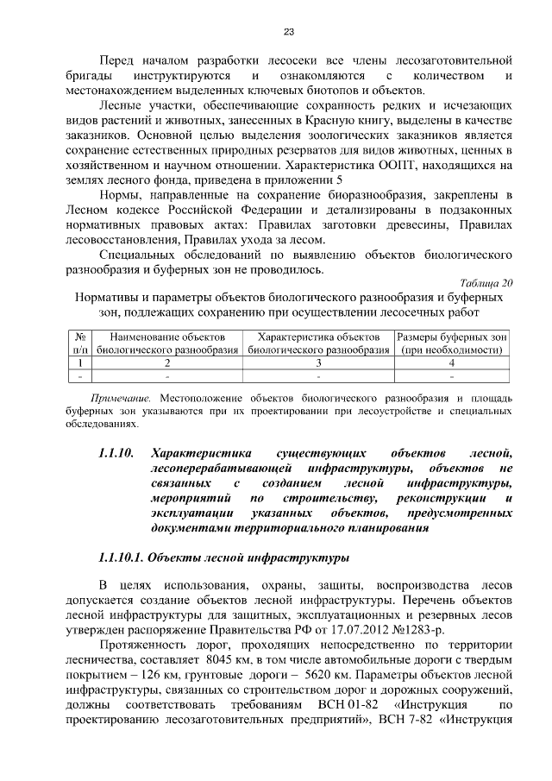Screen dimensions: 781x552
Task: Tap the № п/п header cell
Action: pos(79,343)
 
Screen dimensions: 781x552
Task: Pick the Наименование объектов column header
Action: pos(167,343)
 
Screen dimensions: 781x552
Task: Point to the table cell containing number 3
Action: pos(318,363)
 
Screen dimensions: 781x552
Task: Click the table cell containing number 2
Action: pos(167,363)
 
